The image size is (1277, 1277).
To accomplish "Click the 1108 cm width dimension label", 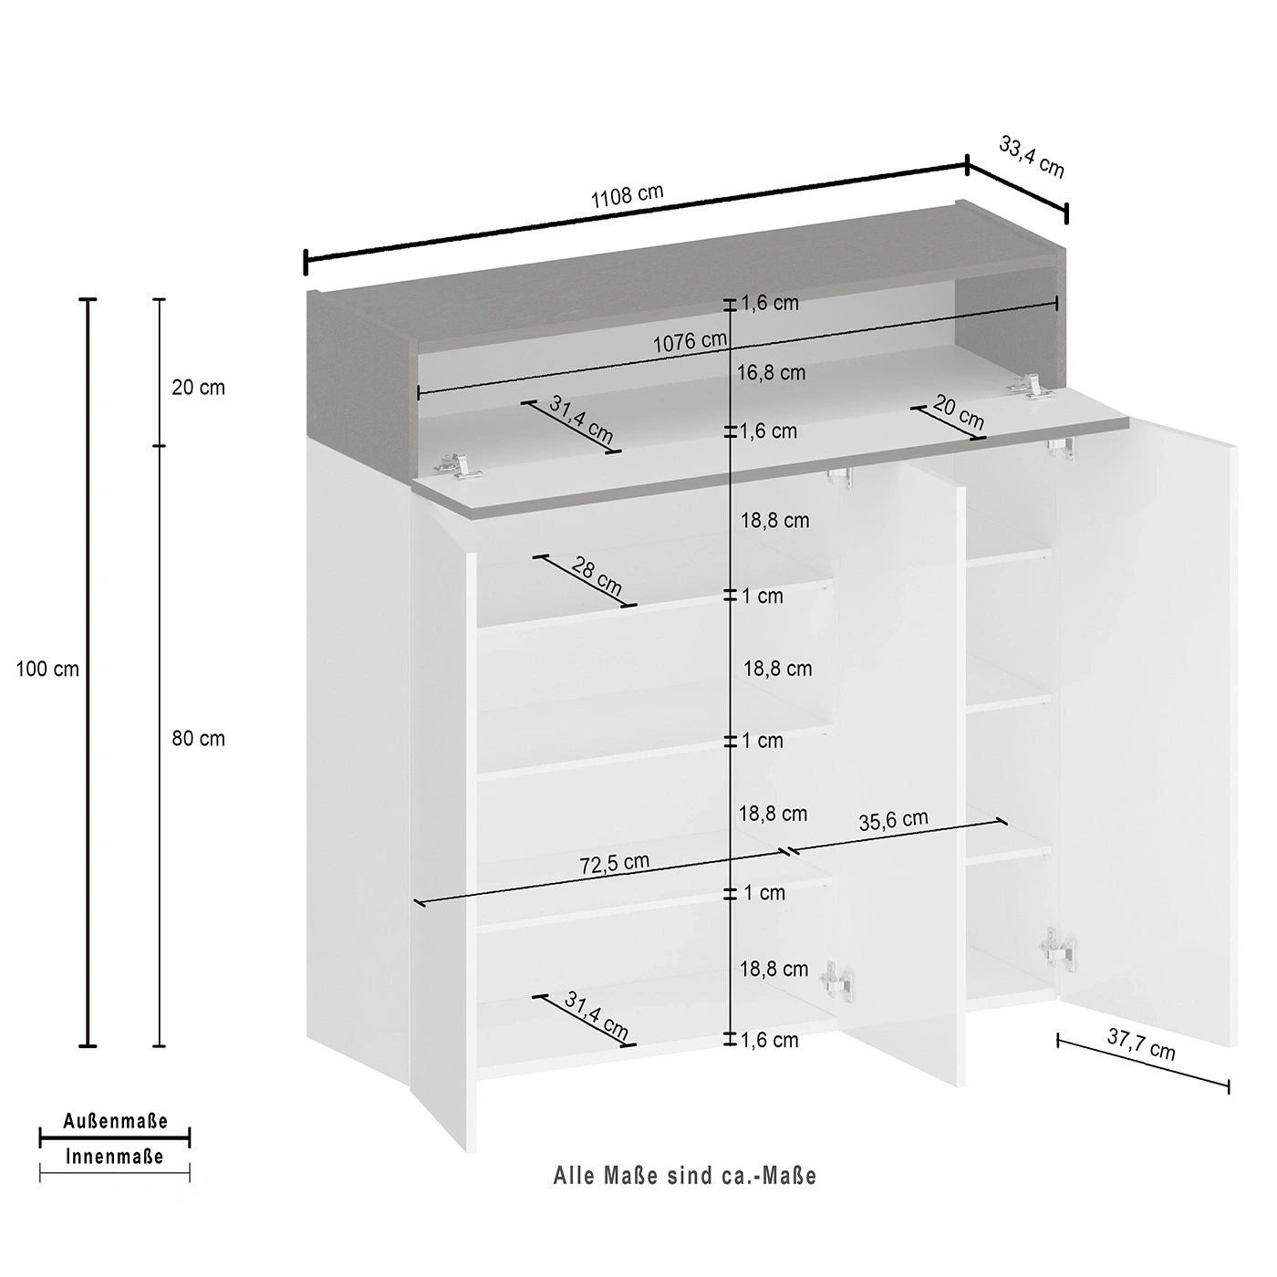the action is point(627,196).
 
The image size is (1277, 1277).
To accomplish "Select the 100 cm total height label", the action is point(47,670).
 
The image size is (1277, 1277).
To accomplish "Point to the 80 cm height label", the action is point(198,738).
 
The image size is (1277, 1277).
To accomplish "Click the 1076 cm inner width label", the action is point(690,342).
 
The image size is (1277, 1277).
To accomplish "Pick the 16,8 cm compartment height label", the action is point(772,373).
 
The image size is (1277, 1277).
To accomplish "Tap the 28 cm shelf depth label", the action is point(597,576).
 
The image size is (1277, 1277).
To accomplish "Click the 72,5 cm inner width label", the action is point(614,864).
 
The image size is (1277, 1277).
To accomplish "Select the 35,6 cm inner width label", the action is point(893,820).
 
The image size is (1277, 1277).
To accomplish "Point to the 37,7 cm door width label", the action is point(1140,1044).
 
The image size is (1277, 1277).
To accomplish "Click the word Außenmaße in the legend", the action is point(115,1121).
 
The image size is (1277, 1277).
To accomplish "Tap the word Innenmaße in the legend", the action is point(115,1157).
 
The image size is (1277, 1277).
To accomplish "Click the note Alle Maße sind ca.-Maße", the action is point(684,1176).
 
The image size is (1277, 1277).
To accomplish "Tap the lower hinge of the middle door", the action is point(836,982).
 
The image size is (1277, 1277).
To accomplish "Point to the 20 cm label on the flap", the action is point(959,411).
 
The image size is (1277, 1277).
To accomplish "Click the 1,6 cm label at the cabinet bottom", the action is point(769,1040).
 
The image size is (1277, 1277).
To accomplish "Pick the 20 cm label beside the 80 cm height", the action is point(198,387).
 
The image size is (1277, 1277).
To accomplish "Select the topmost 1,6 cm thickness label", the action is point(769,303).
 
